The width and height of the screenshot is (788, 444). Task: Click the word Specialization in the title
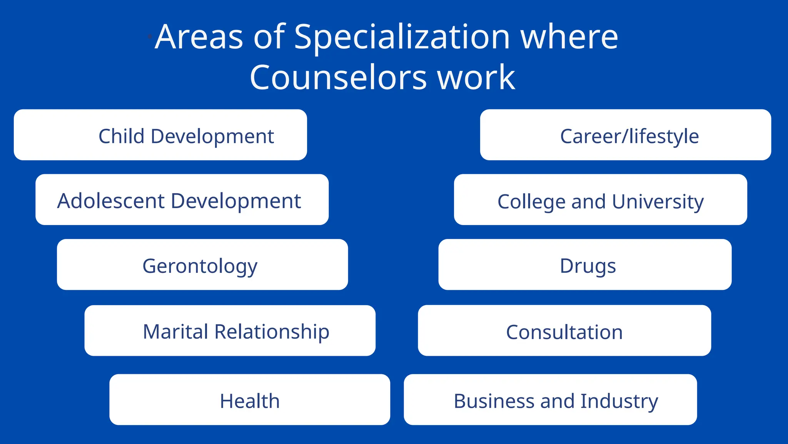coord(402,37)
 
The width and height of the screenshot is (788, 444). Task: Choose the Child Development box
coord(160,135)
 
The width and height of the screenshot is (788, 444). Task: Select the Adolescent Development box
coord(182,200)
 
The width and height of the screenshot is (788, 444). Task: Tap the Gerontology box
coord(202,265)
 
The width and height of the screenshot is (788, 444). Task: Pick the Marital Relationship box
coord(230,331)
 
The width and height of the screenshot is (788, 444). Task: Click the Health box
coord(249,400)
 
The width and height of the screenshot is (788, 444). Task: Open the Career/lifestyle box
coord(625,135)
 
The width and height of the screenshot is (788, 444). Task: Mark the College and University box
coord(600,200)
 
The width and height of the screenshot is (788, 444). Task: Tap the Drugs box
coord(585,265)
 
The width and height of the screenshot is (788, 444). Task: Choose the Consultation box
coord(564,331)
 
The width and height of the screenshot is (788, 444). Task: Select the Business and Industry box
coord(550,400)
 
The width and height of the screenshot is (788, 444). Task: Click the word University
coord(658,202)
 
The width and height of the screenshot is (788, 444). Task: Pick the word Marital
coord(175,331)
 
